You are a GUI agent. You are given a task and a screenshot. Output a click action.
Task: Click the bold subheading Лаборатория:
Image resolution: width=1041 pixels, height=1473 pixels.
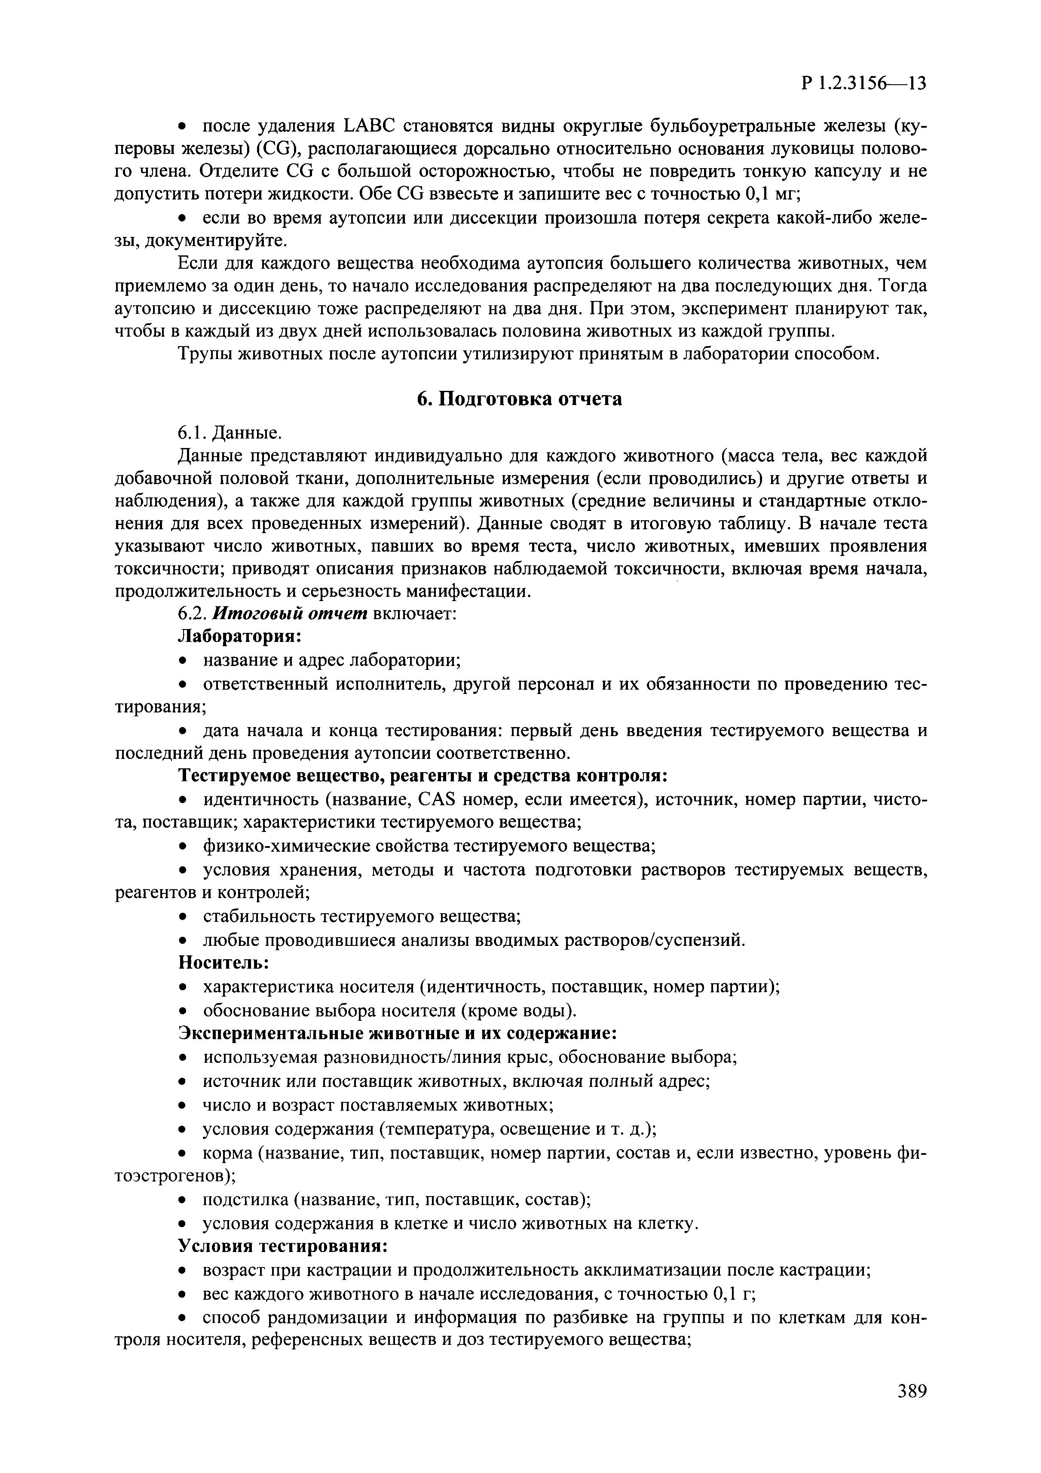tap(239, 636)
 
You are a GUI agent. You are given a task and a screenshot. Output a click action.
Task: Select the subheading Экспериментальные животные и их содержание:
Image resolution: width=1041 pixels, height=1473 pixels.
tap(398, 1034)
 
